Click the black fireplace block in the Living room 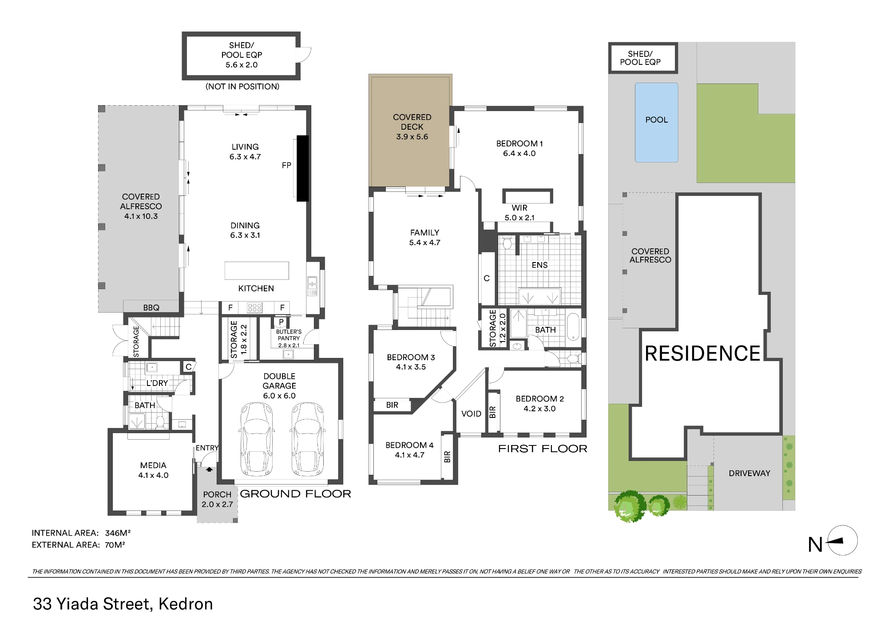click(302, 168)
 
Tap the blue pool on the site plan click(656, 122)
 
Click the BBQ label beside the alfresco click(151, 307)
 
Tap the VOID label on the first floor click(471, 414)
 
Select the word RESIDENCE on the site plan click(702, 354)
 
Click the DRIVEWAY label click(749, 473)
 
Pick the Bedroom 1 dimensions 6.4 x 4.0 click(519, 154)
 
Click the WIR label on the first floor click(519, 208)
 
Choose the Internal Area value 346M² click(118, 533)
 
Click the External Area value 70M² click(115, 545)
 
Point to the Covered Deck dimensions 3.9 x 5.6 click(412, 137)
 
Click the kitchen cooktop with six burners click(254, 307)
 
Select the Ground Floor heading click(295, 494)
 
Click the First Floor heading click(543, 449)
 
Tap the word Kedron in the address click(186, 604)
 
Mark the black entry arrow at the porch click(209, 469)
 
